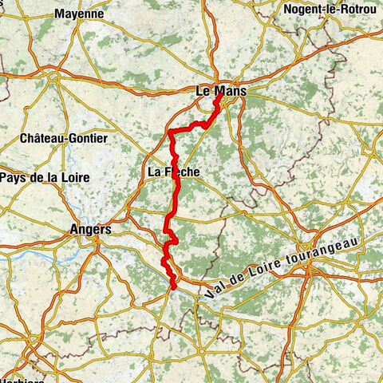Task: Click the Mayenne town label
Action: coord(79,14)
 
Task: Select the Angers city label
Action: coord(89,229)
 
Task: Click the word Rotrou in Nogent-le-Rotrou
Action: coord(357,10)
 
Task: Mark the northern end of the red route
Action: coord(218,99)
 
